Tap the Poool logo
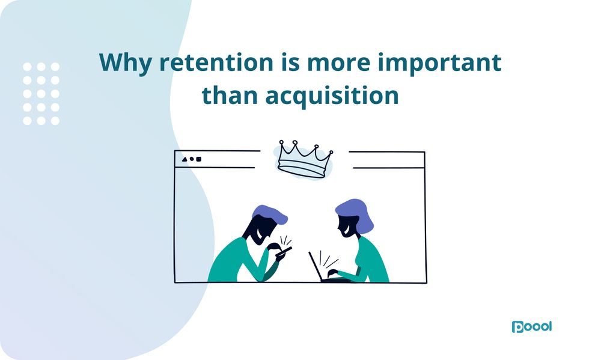pyautogui.click(x=531, y=327)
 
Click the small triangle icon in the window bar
pyautogui.click(x=185, y=159)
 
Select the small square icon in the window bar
pyautogui.click(x=199, y=159)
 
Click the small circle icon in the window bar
pyautogui.click(x=192, y=159)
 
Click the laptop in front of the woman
pyautogui.click(x=319, y=267)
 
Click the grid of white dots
pyautogui.click(x=41, y=93)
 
